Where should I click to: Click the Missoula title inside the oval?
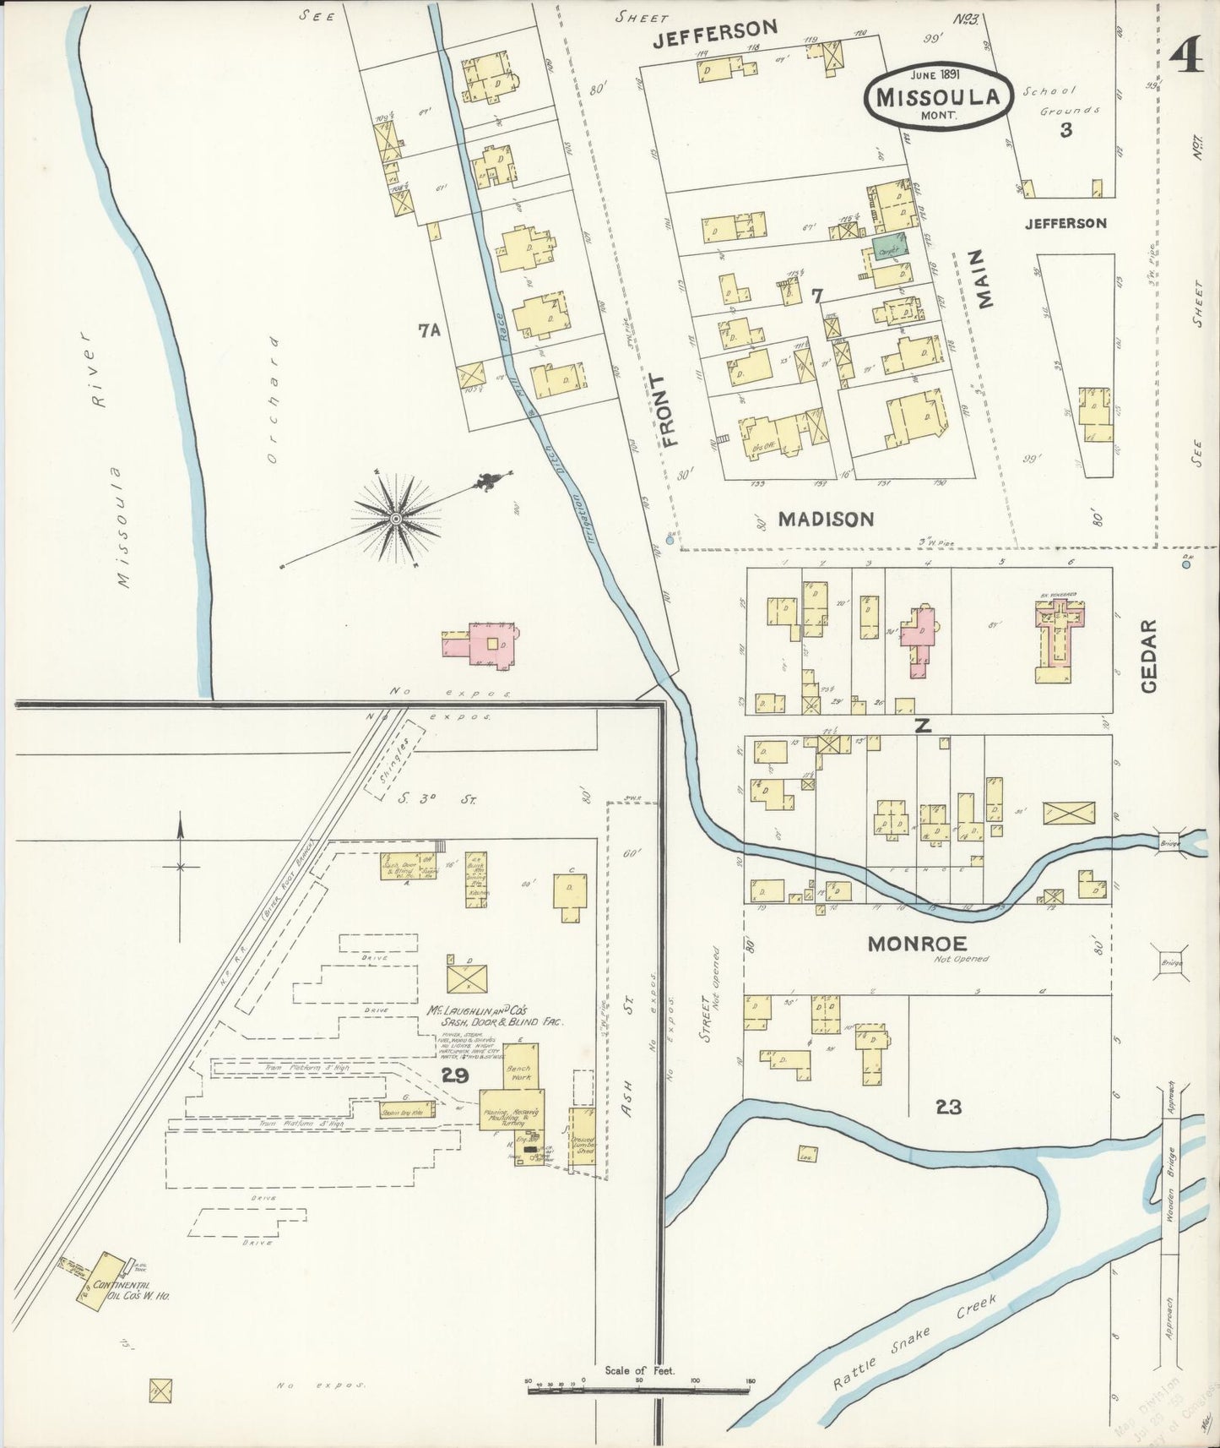937,97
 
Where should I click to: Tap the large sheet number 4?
1186,59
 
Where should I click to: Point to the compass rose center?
395,517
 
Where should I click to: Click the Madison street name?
826,519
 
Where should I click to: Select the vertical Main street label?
984,277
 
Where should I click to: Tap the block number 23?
948,1106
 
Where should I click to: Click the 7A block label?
430,332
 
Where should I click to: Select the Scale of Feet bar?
639,1385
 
